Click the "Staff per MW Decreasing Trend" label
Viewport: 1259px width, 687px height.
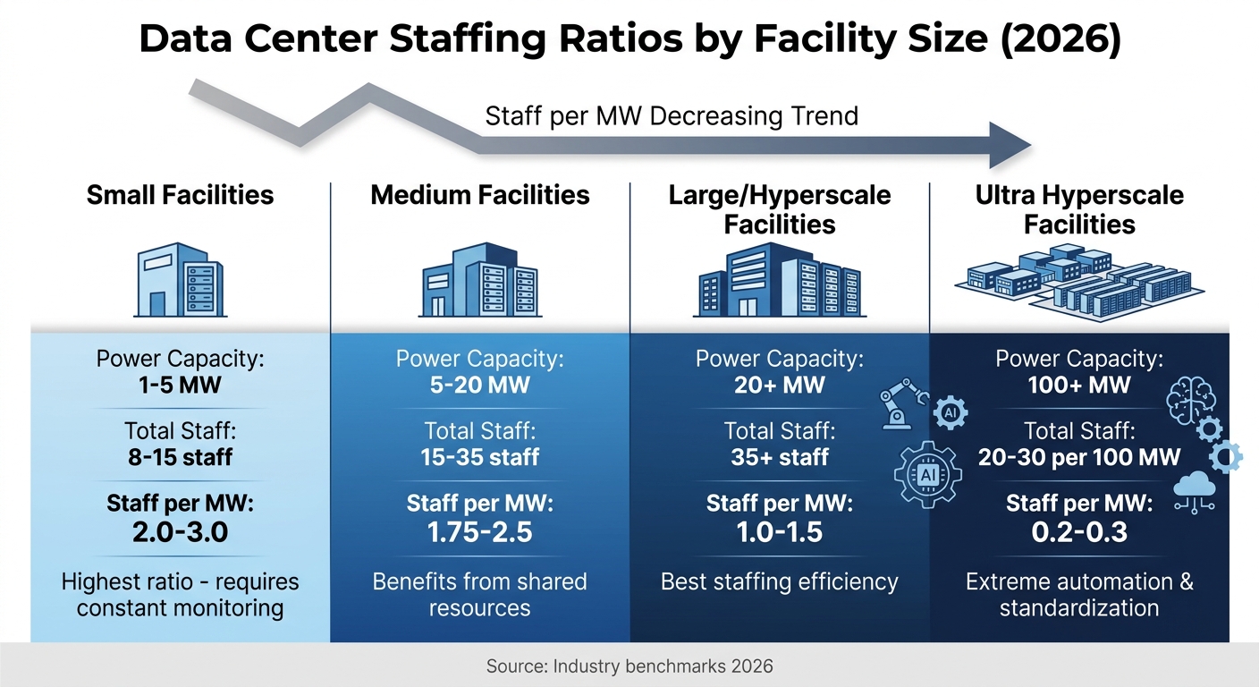671,115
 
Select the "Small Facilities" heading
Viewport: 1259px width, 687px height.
180,195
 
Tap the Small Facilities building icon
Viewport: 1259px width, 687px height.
180,279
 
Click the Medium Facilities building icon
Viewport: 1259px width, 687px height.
480,279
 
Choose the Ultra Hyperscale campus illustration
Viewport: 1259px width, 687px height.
1079,284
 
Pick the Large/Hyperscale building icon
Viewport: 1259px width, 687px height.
779,279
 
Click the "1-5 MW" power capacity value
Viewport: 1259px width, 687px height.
180,386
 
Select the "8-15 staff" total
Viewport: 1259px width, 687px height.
180,457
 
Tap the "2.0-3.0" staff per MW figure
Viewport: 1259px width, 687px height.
180,532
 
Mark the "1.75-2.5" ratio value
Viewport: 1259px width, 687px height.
480,532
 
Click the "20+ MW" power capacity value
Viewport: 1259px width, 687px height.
779,386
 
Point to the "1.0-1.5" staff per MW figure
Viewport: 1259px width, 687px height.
779,532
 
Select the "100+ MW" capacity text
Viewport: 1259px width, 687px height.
1079,386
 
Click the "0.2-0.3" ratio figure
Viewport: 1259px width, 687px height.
1079,532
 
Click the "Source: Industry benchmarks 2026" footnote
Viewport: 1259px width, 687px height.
629,666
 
